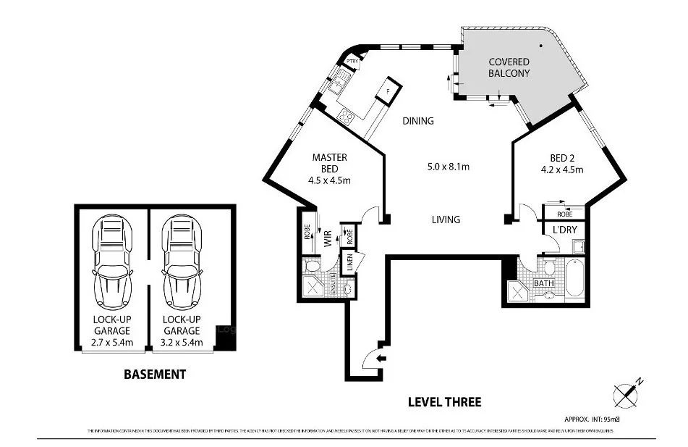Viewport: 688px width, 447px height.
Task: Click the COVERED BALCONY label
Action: tap(509, 67)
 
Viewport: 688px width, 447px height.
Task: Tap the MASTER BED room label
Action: tap(330, 169)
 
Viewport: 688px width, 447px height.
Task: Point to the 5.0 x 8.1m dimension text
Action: tap(448, 167)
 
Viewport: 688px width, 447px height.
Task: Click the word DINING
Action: tap(418, 121)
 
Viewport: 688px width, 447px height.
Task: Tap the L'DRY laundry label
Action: tap(564, 230)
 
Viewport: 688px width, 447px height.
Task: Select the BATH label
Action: tap(544, 283)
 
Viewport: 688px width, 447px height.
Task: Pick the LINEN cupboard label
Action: tap(349, 262)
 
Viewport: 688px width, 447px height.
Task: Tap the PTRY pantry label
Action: tap(352, 62)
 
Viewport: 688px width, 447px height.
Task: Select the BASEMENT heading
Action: tap(155, 375)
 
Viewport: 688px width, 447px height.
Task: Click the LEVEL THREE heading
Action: tap(444, 401)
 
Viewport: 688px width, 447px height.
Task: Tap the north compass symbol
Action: tap(626, 393)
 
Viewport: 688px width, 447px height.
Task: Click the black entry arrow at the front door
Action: tap(382, 358)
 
